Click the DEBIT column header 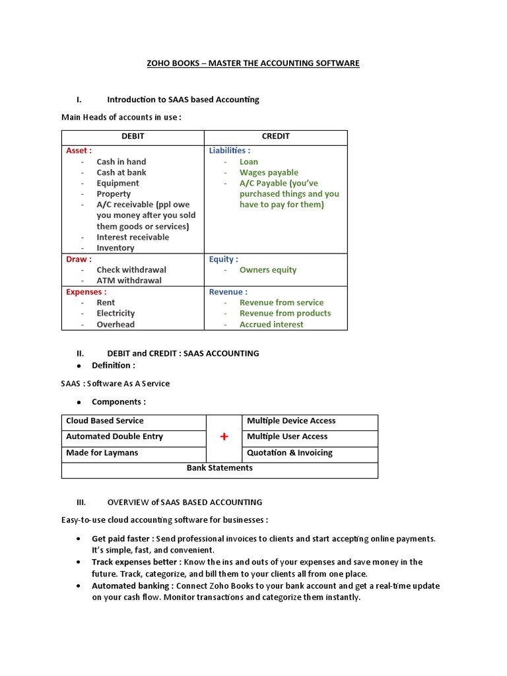133,137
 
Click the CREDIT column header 275,137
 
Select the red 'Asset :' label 79,151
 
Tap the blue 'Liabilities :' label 229,151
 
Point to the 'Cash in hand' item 121,162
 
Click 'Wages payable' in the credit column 269,172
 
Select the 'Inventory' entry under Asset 115,248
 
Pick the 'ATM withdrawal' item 129,281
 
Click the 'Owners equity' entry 267,270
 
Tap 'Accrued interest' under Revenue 271,325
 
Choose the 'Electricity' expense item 116,314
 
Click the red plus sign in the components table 224,437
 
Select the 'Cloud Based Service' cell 104,421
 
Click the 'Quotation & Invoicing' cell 289,453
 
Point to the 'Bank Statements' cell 219,468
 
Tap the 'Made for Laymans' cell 102,453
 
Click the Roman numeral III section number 81,502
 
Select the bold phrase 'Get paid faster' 121,539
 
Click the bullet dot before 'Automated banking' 79,586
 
